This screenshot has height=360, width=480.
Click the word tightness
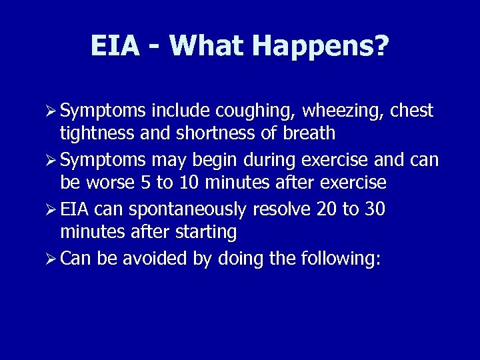97,133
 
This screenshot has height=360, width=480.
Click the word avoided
150,258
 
